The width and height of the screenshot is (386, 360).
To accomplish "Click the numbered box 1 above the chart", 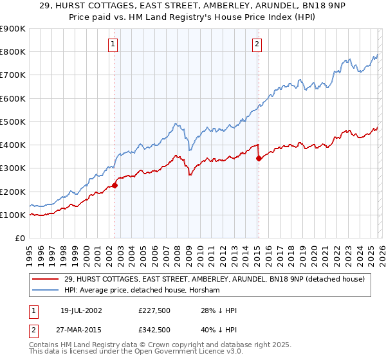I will pyautogui.click(x=113, y=44).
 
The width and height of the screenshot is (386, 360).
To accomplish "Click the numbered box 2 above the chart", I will pyautogui.click(x=257, y=44).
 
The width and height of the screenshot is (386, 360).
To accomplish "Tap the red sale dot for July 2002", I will pyautogui.click(x=115, y=186).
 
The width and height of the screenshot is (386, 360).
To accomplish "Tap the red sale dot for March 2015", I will pyautogui.click(x=259, y=158).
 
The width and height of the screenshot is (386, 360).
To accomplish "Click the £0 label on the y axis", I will pyautogui.click(x=19, y=239).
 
